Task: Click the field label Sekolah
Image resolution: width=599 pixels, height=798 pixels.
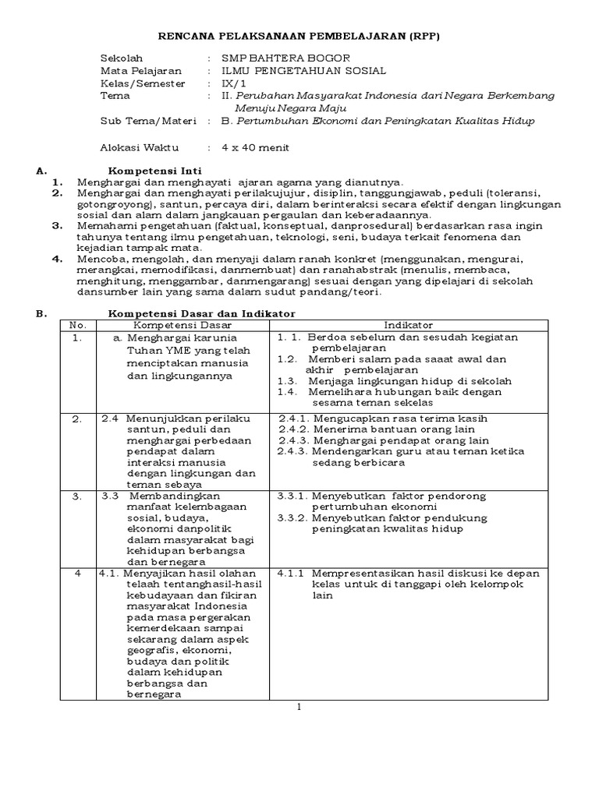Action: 119,58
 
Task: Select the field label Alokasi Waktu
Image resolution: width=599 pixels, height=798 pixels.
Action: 140,147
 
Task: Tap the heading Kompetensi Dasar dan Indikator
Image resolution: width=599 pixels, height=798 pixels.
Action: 201,313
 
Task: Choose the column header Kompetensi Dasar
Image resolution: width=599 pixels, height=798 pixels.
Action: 183,325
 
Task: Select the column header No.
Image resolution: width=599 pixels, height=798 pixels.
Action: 77,325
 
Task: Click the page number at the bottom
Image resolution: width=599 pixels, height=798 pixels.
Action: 298,707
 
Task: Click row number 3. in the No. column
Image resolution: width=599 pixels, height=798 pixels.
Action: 77,496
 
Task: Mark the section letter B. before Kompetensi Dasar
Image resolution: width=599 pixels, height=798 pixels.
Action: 42,313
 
